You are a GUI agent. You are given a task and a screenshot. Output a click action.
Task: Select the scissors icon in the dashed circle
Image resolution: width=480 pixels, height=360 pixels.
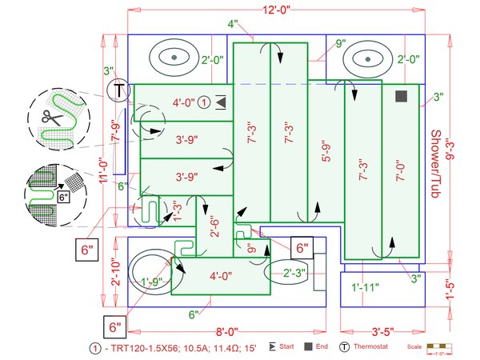51,118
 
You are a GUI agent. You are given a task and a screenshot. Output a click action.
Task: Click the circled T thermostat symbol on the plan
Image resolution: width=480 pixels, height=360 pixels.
120,90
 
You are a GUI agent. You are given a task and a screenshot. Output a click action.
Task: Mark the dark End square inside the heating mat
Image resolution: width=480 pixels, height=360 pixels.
401,96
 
